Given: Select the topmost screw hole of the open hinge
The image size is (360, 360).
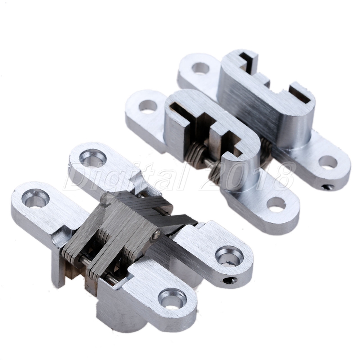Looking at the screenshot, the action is [93, 158].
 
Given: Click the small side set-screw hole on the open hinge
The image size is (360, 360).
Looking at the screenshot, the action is [230, 280].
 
